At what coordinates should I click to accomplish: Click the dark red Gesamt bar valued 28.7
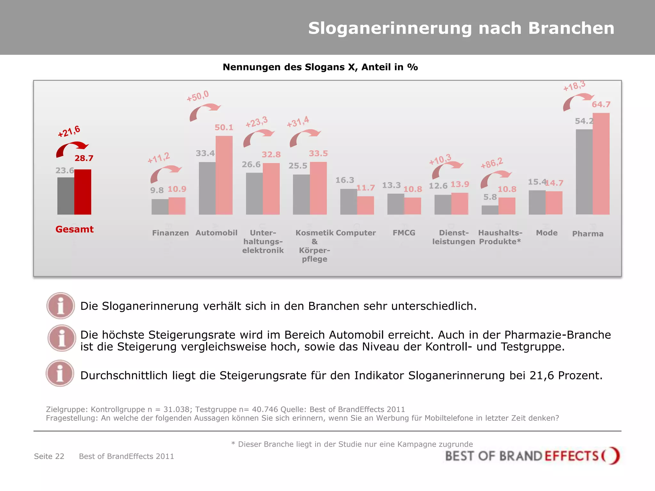point(83,192)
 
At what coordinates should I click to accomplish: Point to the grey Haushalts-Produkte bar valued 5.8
point(490,210)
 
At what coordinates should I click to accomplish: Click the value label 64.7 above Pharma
point(601,105)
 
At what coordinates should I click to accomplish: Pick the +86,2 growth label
point(492,163)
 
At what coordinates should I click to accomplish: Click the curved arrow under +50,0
point(204,112)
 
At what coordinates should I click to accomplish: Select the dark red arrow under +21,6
point(72,149)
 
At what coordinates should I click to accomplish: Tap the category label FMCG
point(404,233)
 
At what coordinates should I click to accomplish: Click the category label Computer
point(356,233)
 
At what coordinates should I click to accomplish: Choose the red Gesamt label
point(75,230)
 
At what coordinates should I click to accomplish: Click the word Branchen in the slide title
point(571,28)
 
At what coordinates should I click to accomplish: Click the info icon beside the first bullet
point(61,306)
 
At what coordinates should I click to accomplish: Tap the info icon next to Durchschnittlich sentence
point(60,373)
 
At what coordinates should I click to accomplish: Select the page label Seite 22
point(49,456)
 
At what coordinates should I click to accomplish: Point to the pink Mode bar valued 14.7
point(554,203)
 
